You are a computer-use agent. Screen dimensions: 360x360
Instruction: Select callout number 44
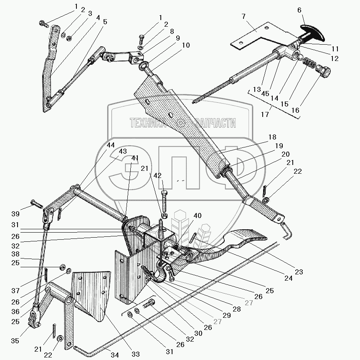coord(110,145)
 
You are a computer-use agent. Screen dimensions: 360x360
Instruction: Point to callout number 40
coord(197,215)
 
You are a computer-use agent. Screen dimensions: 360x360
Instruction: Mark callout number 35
coord(15,340)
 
